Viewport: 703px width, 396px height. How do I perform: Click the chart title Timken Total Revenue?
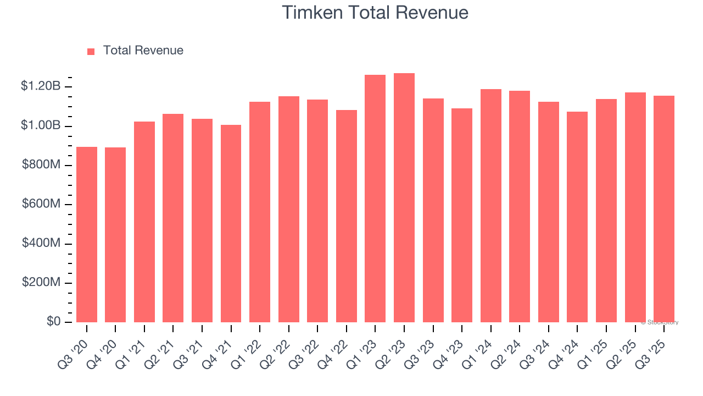click(x=375, y=13)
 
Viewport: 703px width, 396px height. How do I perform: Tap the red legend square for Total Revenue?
click(x=91, y=51)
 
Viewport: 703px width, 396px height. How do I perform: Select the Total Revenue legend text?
click(x=143, y=51)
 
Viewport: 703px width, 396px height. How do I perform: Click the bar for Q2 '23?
click(x=404, y=198)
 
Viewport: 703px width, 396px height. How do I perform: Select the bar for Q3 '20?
click(x=87, y=235)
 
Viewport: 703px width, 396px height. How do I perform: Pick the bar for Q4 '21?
click(x=231, y=224)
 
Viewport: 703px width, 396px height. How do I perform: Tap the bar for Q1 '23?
click(x=375, y=199)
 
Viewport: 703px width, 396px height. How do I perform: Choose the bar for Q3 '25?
click(x=664, y=209)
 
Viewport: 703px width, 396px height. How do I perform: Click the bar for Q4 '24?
click(x=577, y=217)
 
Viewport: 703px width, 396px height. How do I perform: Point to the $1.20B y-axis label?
click(x=41, y=86)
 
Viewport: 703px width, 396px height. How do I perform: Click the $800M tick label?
click(x=41, y=165)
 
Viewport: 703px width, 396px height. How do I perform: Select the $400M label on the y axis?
click(x=41, y=243)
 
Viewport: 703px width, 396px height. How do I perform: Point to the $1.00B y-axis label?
click(x=41, y=125)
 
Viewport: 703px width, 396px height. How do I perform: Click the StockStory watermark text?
click(x=660, y=322)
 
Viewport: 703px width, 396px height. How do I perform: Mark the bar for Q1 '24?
click(x=491, y=206)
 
